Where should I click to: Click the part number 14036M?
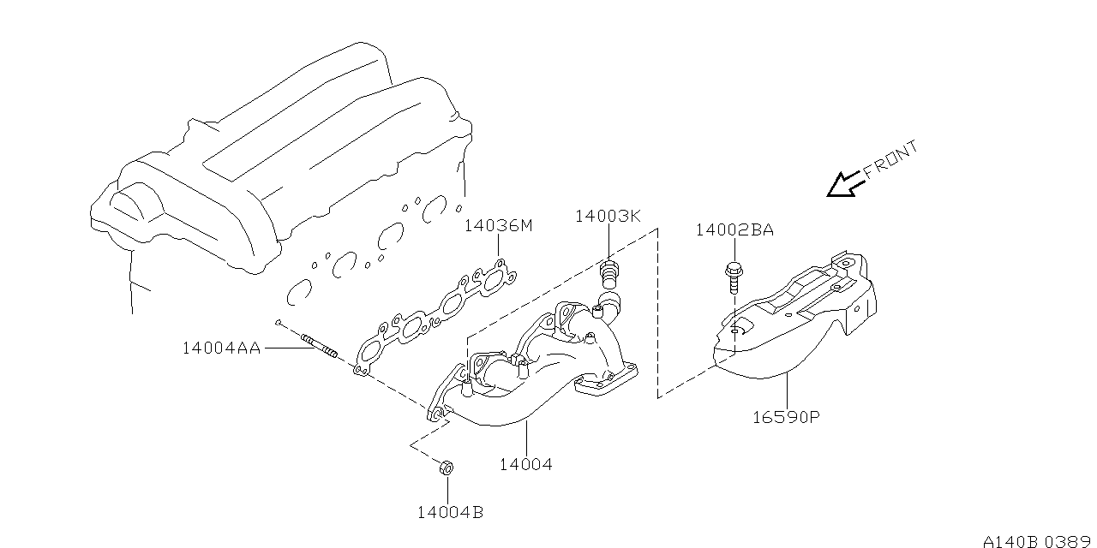[x=498, y=226]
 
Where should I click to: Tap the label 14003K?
[x=607, y=216]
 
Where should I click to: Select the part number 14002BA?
[x=734, y=229]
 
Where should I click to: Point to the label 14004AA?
[x=221, y=348]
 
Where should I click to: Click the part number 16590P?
[x=787, y=418]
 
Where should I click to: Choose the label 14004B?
[x=450, y=512]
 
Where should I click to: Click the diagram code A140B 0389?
[x=1037, y=541]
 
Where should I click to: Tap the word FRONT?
[x=891, y=160]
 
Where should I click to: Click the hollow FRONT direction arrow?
[x=844, y=184]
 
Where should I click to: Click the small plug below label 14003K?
[x=608, y=273]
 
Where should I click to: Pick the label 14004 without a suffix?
[x=526, y=464]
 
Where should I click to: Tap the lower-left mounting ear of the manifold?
[x=437, y=414]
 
